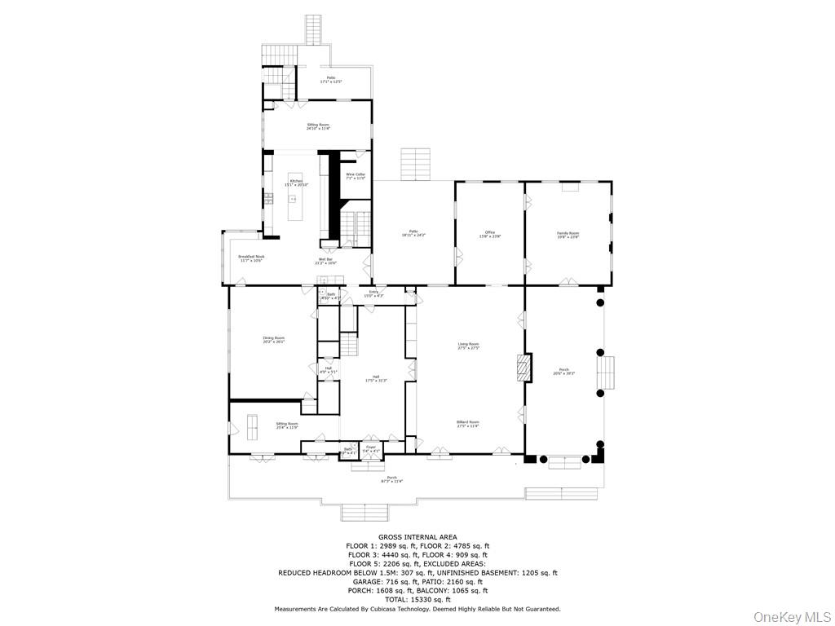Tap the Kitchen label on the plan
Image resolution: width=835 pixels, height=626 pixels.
pos(295,183)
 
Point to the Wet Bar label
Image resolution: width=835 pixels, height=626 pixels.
pos(327,261)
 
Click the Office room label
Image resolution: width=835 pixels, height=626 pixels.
pos(489,235)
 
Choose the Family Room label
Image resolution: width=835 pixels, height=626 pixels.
pos(568,235)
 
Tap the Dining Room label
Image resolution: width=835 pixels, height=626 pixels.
pos(273,339)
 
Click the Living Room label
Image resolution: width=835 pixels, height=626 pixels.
pos(468,346)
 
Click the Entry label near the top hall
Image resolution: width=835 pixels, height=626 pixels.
pos(373,293)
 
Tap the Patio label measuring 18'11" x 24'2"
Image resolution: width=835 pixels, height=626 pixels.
pos(413,233)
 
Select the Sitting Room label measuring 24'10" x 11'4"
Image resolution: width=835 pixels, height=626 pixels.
pos(317,126)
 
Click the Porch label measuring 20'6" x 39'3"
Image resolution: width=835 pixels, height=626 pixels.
pos(564,372)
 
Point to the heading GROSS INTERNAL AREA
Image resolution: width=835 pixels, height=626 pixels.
pos(417,537)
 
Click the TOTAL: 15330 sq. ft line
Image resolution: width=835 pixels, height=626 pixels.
pos(417,599)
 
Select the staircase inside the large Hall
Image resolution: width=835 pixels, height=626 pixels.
pos(349,345)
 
